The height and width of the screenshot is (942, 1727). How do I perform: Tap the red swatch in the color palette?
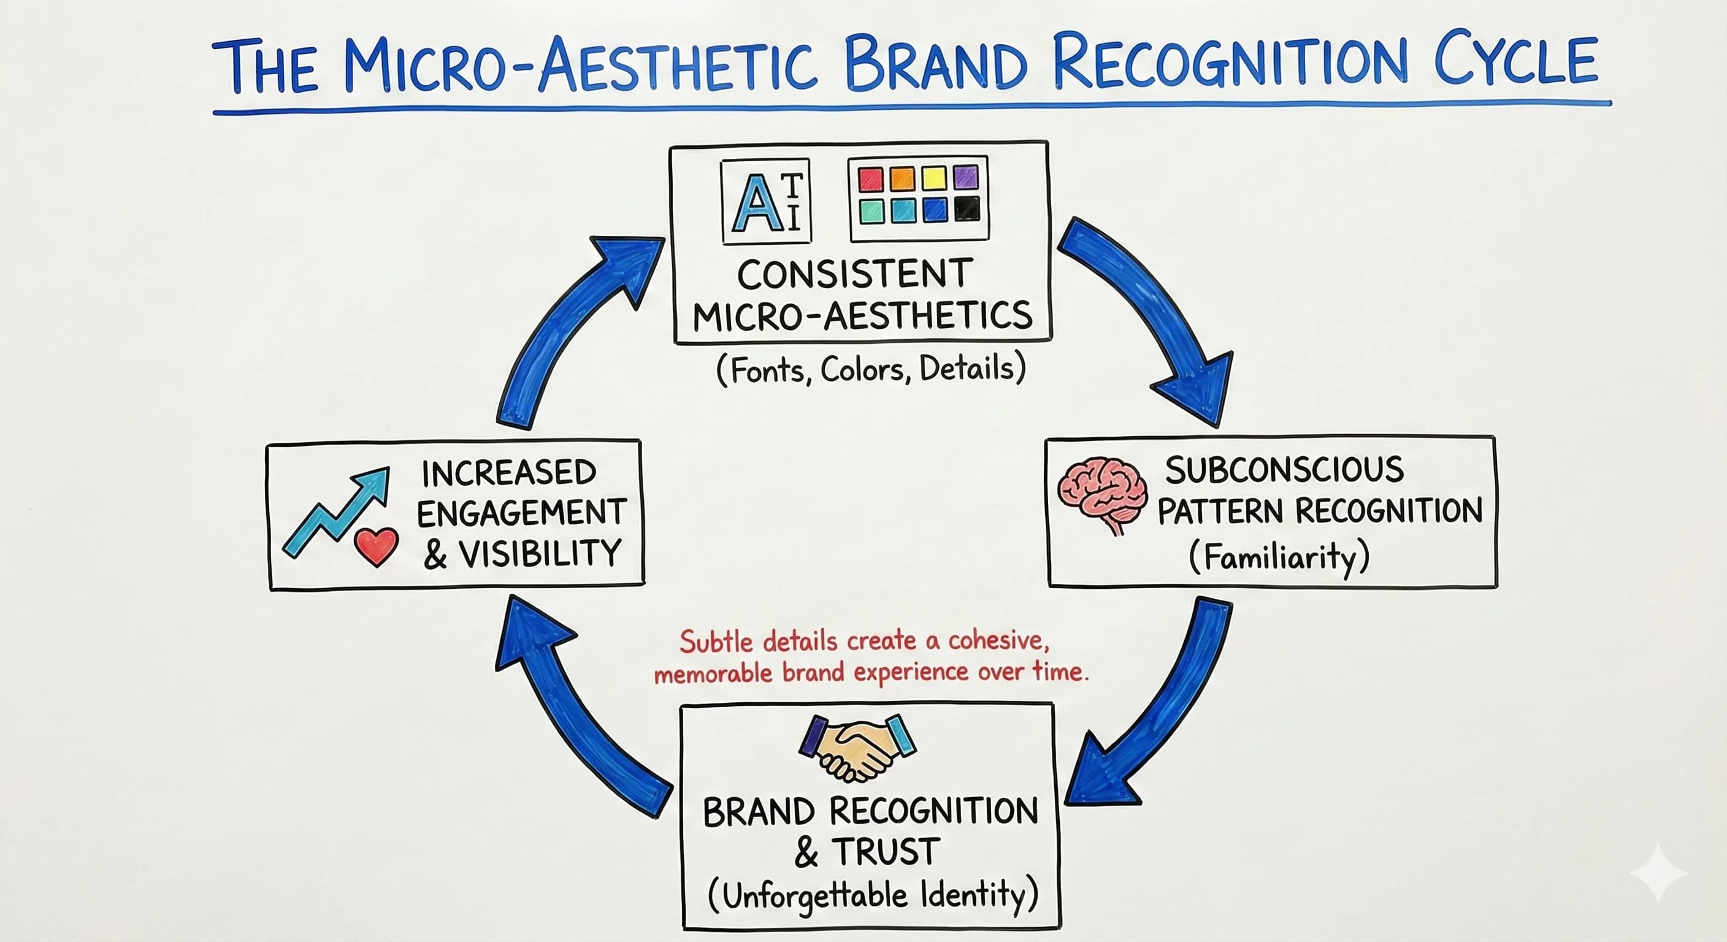pos(870,179)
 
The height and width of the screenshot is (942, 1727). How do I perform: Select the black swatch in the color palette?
pos(967,209)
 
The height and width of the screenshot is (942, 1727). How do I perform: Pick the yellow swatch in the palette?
pos(934,178)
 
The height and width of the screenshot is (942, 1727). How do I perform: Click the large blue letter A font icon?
pos(757,203)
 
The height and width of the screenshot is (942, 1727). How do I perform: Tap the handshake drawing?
pos(857,746)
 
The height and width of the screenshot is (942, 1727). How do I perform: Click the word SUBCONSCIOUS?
pos(1284,469)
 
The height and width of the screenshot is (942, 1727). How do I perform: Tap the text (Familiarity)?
pos(1279,556)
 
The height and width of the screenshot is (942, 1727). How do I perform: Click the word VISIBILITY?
pos(540,554)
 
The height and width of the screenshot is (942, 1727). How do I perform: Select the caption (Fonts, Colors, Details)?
pos(871,369)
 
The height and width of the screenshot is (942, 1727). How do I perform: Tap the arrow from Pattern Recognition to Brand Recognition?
pos(1160,711)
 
